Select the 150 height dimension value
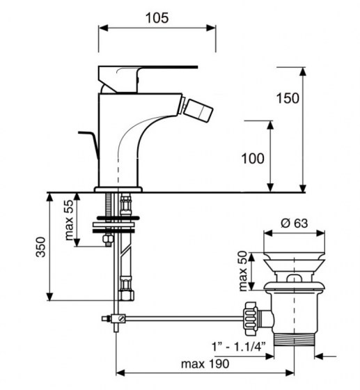pos(288,97)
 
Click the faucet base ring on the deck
pos(118,187)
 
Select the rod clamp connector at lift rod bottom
pos(118,319)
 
